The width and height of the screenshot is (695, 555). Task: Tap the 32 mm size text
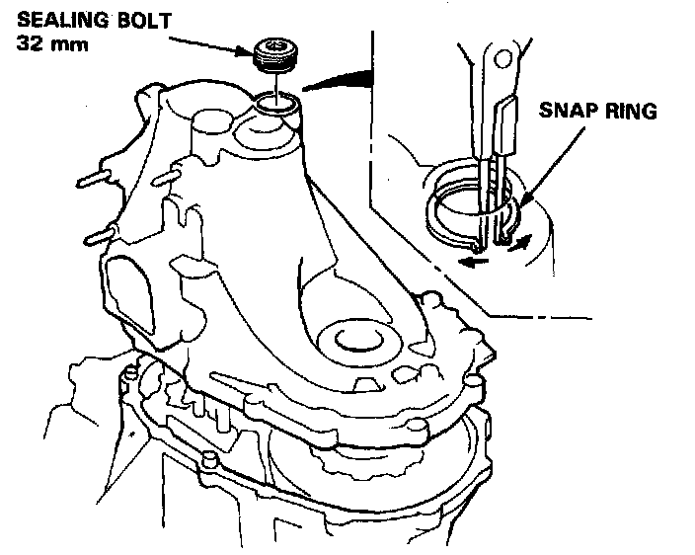[39, 44]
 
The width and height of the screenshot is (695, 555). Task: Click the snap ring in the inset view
[444, 207]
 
